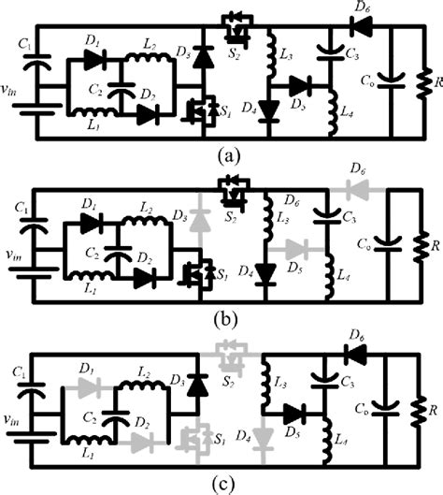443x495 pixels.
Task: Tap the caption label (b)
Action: click(221, 319)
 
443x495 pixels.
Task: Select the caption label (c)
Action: click(221, 483)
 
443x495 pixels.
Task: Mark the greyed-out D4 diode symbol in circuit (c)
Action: click(268, 438)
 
